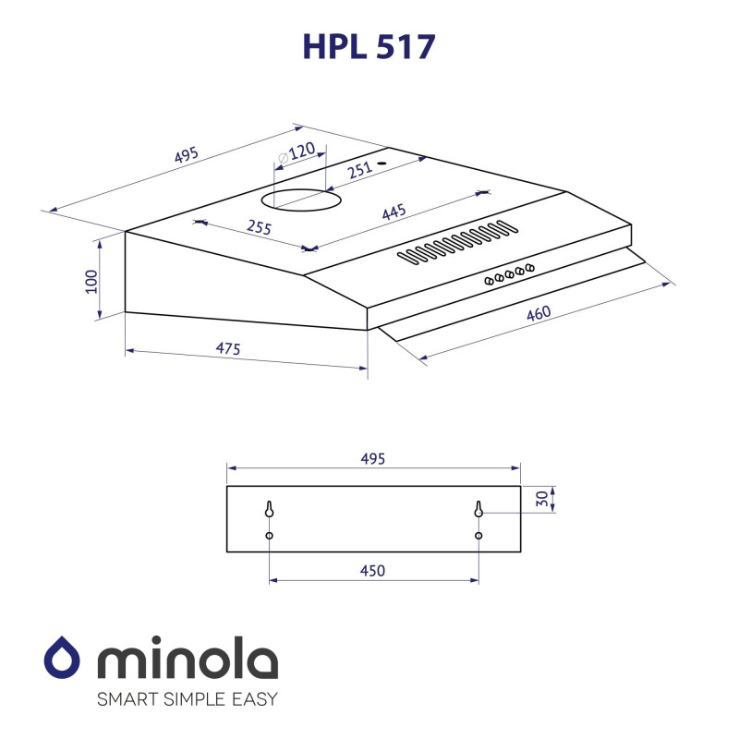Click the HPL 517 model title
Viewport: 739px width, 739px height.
369,46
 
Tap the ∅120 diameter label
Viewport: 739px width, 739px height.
297,152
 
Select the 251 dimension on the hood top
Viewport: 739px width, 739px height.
360,169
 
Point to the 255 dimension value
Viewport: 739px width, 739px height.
259,227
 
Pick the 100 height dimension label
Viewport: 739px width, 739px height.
91,281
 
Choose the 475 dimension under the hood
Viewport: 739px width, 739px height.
229,348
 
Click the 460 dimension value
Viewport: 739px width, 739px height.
539,313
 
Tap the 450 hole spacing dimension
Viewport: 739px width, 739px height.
372,571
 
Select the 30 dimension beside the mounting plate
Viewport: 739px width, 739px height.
541,499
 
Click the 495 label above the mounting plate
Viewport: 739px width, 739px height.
372,458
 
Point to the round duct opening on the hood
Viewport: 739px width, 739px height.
300,198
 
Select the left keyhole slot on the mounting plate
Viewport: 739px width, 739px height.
269,509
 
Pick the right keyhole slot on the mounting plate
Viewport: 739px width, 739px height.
479,509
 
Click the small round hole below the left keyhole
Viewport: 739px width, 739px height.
269,536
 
